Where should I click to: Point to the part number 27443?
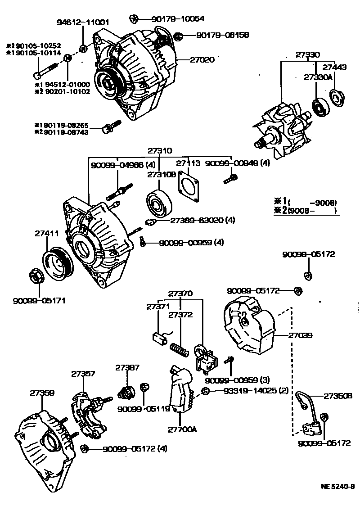pyautogui.click(x=335, y=68)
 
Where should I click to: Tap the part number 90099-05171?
pyautogui.click(x=39, y=300)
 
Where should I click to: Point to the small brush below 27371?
pyautogui.click(x=157, y=336)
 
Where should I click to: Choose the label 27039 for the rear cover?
pyautogui.click(x=301, y=335)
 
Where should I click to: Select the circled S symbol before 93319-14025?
pyautogui.click(x=205, y=391)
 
